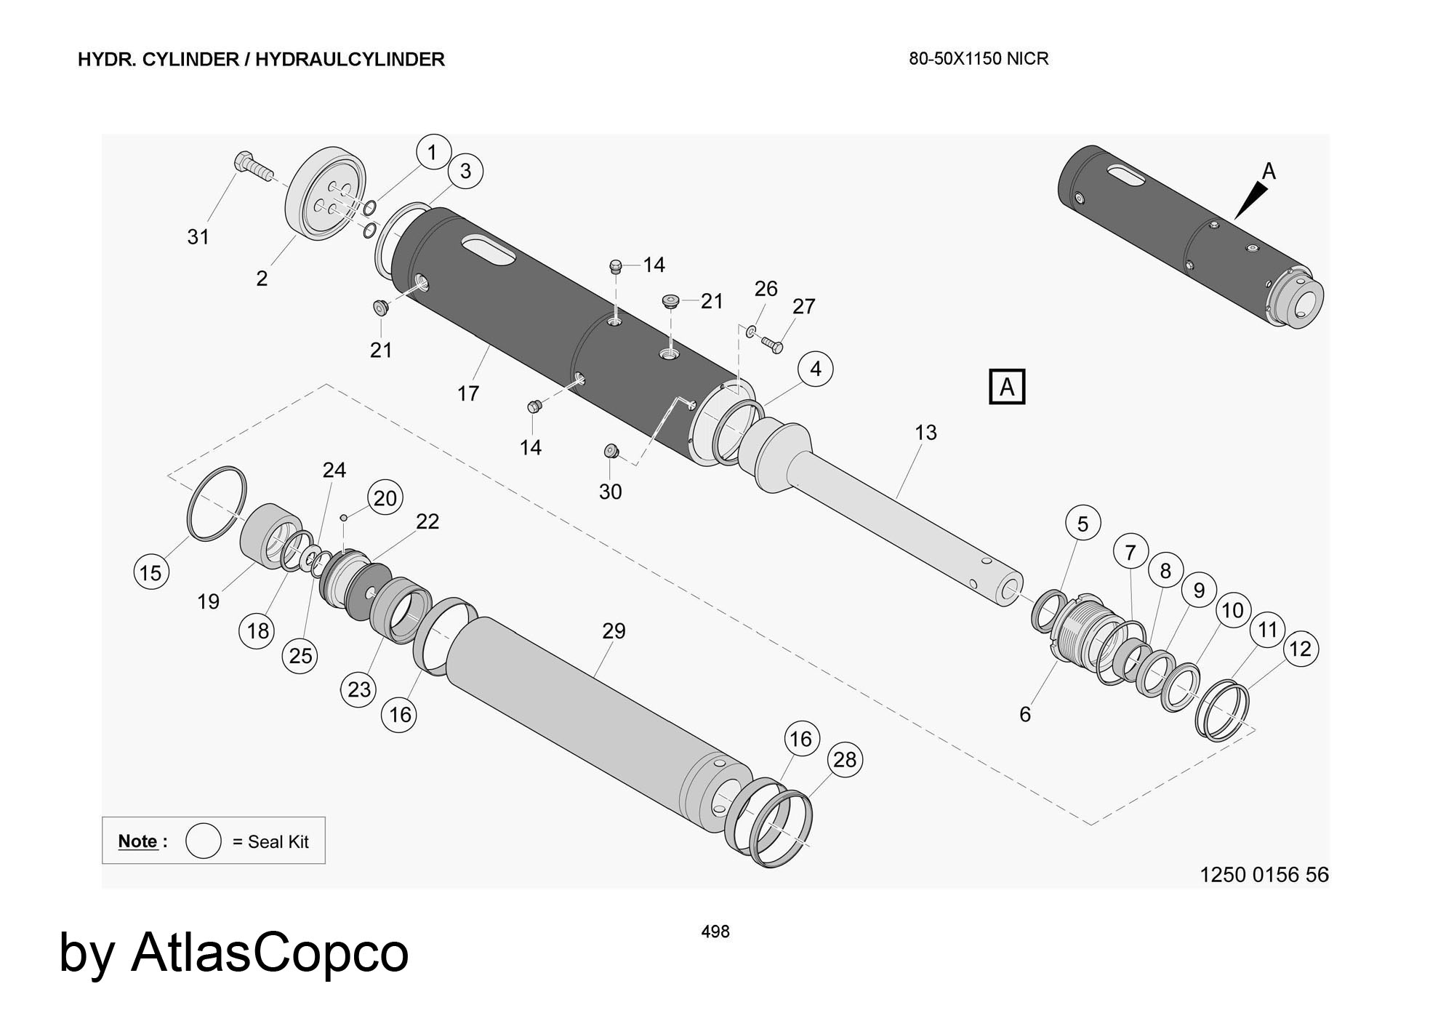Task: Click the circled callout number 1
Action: tap(433, 152)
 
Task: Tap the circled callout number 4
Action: tap(815, 369)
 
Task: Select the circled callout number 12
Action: tap(1300, 648)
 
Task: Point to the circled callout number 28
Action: tap(845, 760)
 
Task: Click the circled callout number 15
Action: tap(150, 572)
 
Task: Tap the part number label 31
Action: tap(198, 236)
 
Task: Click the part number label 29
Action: tap(614, 630)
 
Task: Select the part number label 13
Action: tap(925, 433)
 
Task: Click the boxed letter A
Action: tap(1007, 386)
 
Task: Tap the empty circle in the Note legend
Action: tap(203, 841)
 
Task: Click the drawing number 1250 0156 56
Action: tap(1264, 874)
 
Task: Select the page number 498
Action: tap(715, 932)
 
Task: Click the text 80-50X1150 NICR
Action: tap(979, 59)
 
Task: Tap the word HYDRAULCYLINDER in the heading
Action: tap(350, 60)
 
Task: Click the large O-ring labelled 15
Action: tap(217, 503)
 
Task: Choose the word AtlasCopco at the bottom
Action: tap(270, 952)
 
